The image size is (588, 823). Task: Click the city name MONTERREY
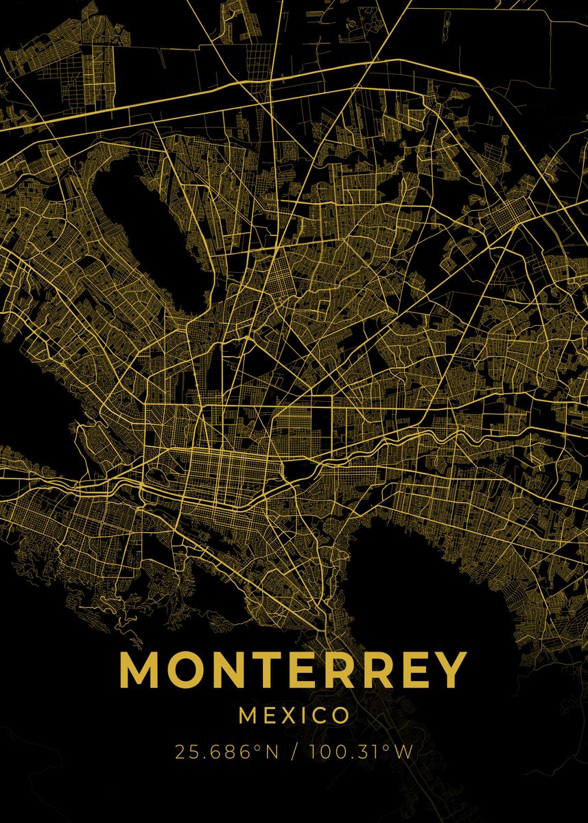click(x=294, y=669)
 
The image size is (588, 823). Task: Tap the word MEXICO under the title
click(x=294, y=716)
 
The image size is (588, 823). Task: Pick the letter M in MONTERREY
click(x=141, y=669)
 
